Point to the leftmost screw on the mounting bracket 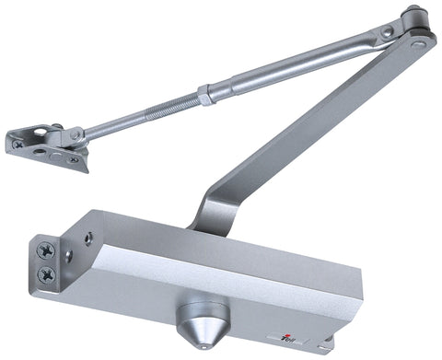15,144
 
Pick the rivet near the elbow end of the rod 388,33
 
